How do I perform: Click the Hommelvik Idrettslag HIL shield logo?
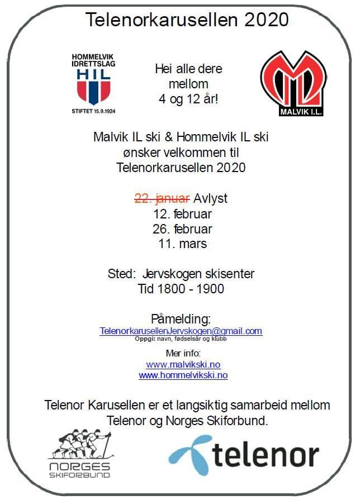[94, 84]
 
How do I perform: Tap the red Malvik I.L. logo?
[294, 83]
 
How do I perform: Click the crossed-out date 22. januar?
[163, 199]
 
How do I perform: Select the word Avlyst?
[211, 199]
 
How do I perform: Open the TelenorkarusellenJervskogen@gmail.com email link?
[181, 331]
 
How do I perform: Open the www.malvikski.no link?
[183, 365]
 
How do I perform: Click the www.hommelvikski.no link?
[183, 375]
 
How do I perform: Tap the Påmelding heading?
[181, 319]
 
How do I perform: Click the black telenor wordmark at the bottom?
[266, 455]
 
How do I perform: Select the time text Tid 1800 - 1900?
[181, 289]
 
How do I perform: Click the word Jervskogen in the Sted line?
[175, 274]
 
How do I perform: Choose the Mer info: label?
[183, 353]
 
